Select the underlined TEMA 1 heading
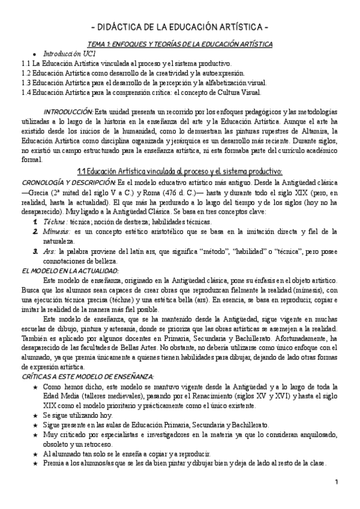180,44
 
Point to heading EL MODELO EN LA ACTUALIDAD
70,271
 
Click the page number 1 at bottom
337,482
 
